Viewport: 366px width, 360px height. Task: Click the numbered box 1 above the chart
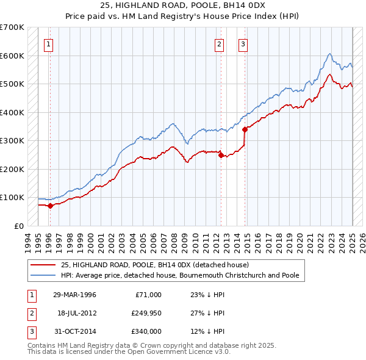(x=48, y=43)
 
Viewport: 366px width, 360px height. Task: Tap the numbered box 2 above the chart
(x=219, y=43)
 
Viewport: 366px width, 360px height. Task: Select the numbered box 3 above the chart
(x=243, y=43)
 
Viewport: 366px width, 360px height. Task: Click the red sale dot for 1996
(x=50, y=206)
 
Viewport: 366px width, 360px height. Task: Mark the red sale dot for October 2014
(x=245, y=129)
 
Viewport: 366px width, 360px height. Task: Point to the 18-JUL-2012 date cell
(x=76, y=313)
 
